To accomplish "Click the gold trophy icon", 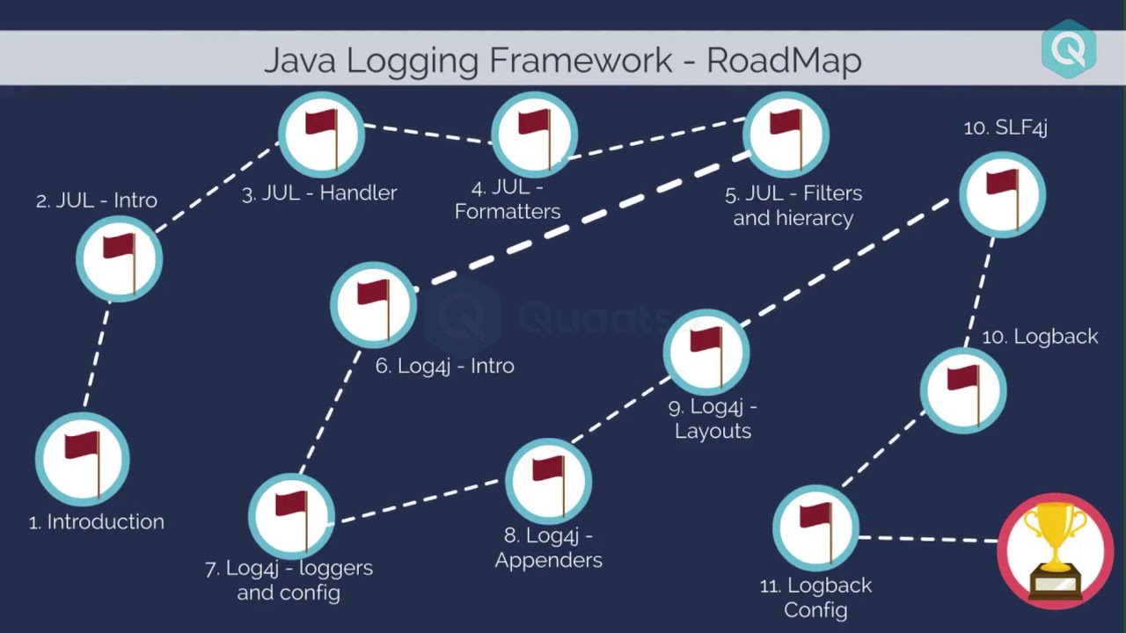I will coord(1056,550).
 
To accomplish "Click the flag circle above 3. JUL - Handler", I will coord(321,135).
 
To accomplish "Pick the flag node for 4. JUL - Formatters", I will coord(534,135).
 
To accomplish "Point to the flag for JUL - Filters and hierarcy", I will coord(786,135).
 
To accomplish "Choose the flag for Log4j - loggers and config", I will coord(291,517).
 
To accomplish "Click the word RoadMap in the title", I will coord(784,60).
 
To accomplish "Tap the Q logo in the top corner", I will coord(1068,49).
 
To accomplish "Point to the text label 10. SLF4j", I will coord(1005,127).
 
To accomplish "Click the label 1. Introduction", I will coord(97,521).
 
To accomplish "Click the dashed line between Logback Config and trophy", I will coord(928,538).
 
